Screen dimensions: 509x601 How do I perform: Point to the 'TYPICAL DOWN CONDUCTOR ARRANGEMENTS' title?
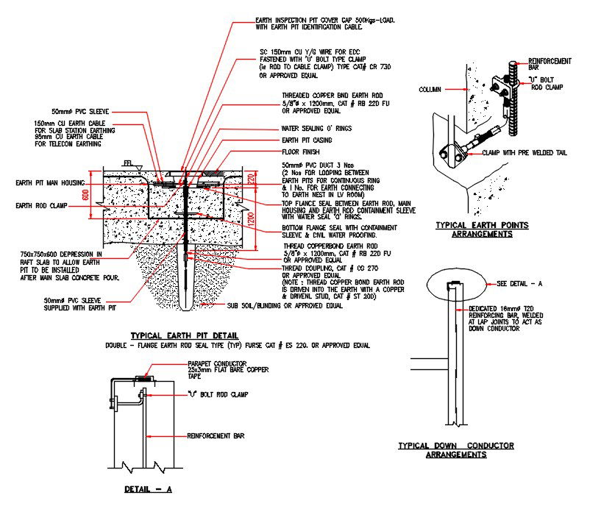455,449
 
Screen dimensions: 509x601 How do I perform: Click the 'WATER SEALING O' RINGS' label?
316,129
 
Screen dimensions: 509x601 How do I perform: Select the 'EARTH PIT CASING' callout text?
307,140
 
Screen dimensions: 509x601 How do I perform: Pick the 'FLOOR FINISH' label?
301,152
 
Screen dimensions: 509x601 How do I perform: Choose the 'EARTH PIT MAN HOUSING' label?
47,182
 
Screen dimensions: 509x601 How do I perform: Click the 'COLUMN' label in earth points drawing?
430,90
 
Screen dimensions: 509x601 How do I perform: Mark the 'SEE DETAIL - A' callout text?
522,283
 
